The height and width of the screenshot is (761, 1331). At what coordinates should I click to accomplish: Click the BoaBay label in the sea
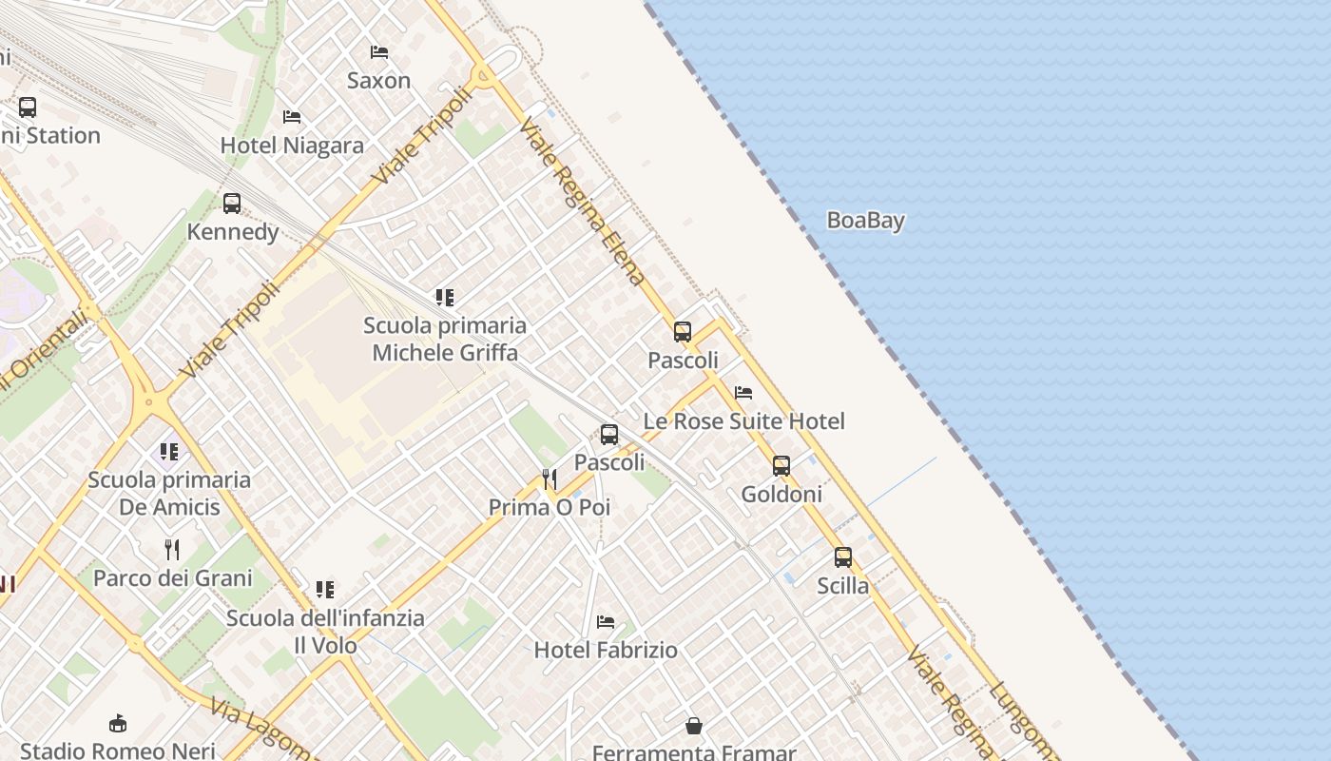(865, 221)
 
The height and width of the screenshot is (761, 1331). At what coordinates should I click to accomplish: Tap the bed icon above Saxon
(379, 51)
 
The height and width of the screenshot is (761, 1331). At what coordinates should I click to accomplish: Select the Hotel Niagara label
(292, 146)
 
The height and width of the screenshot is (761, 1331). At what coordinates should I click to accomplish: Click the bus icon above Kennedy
(232, 203)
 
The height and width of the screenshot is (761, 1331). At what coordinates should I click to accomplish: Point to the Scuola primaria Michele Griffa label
(445, 339)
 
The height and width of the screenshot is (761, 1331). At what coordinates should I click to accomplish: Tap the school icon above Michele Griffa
(445, 298)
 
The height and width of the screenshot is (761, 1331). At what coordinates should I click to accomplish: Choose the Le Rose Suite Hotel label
(743, 421)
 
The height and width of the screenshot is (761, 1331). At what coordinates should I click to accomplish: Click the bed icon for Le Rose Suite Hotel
(743, 392)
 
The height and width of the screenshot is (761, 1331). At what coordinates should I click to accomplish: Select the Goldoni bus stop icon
(781, 465)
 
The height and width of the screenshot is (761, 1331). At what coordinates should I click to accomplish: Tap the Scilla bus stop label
(842, 586)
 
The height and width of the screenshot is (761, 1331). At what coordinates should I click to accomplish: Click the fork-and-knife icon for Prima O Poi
(550, 478)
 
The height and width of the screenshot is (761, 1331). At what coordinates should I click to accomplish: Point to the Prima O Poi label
(550, 508)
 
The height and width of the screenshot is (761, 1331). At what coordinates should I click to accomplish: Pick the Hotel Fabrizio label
(606, 651)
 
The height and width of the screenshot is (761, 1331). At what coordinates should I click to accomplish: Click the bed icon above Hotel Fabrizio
(606, 622)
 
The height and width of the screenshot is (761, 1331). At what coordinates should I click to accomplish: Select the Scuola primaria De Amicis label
(169, 493)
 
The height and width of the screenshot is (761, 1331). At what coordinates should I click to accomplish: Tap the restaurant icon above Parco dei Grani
(172, 549)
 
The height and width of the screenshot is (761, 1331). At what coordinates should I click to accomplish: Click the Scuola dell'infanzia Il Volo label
(325, 632)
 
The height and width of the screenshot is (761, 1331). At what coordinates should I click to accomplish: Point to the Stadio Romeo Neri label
(118, 751)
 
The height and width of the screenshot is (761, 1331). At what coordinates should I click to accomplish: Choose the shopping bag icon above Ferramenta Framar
(694, 726)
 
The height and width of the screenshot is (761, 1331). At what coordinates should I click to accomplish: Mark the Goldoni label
(781, 495)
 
